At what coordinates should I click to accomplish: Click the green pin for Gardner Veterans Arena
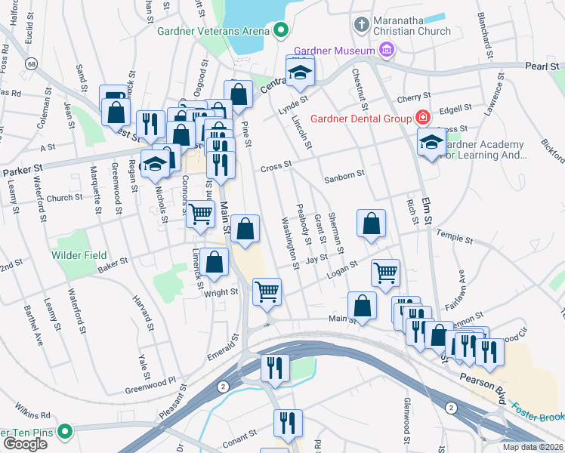pos(281,31)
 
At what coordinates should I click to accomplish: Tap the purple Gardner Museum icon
pos(387,51)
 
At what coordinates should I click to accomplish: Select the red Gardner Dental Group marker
pos(421,119)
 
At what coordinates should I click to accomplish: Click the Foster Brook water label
pos(537,412)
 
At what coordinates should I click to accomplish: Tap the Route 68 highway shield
pos(30,65)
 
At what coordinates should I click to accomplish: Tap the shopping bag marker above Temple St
pos(371,223)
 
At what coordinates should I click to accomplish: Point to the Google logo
pos(25,444)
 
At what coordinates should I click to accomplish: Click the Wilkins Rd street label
pos(35,415)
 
